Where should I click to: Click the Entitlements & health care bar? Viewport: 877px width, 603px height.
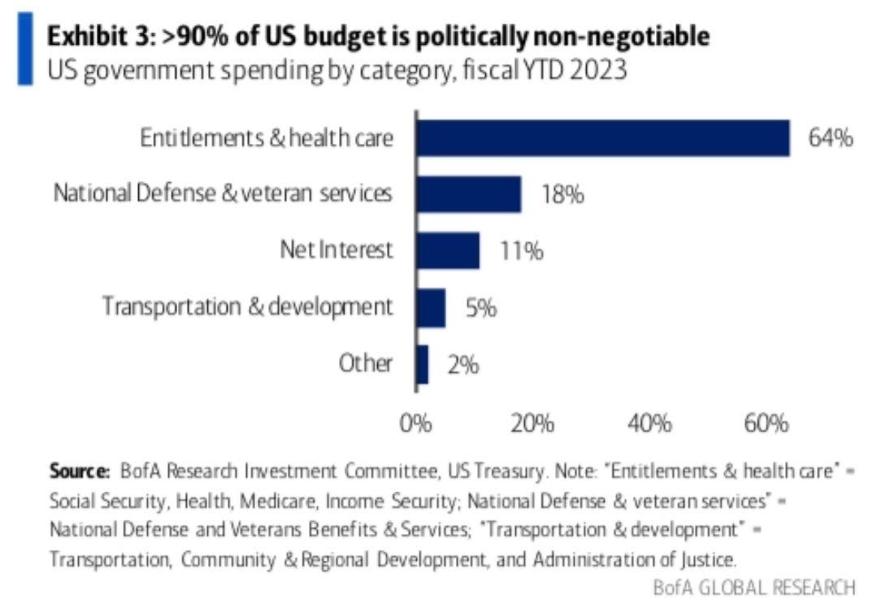(602, 137)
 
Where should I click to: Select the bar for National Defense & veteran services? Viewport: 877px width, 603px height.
(468, 194)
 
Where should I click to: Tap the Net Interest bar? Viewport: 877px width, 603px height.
(447, 250)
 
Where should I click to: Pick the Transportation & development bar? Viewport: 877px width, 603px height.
(430, 307)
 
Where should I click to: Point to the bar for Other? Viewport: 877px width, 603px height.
(422, 364)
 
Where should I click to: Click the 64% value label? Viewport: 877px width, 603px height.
(830, 138)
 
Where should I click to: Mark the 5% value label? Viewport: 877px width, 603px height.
(480, 309)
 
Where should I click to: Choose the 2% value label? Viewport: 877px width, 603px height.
(462, 365)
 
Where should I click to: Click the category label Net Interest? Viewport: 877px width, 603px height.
(333, 250)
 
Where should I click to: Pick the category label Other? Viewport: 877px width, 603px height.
(366, 364)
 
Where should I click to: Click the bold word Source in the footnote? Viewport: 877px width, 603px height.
(79, 471)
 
